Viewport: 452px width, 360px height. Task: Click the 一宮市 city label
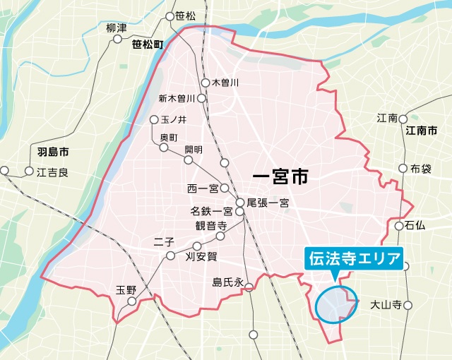coord(280,176)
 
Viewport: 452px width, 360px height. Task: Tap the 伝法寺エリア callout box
coord(352,258)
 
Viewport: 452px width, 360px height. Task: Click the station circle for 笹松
coord(169,16)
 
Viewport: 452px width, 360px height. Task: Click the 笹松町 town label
coord(147,44)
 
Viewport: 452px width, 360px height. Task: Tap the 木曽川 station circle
coord(206,83)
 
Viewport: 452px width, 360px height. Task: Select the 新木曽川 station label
coord(176,98)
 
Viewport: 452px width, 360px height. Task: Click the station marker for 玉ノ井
coord(154,119)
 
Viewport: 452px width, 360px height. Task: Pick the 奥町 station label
coord(169,136)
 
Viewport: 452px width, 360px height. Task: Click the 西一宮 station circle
coord(224,188)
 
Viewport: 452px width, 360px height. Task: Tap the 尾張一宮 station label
coord(268,203)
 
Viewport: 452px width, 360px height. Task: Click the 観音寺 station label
coord(210,227)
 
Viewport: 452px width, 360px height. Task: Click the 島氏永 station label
coord(227,282)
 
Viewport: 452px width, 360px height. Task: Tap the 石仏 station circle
coord(399,227)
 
